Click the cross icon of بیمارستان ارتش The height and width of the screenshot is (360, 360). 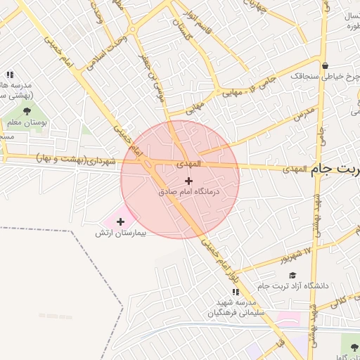(x=120, y=221)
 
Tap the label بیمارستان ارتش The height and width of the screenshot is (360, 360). (x=120, y=232)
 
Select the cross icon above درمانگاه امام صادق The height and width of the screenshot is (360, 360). (x=188, y=181)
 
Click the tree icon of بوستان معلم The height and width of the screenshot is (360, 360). (x=27, y=110)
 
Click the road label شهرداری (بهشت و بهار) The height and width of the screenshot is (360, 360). (x=75, y=160)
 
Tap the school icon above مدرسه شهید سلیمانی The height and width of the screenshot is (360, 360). (x=236, y=292)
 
